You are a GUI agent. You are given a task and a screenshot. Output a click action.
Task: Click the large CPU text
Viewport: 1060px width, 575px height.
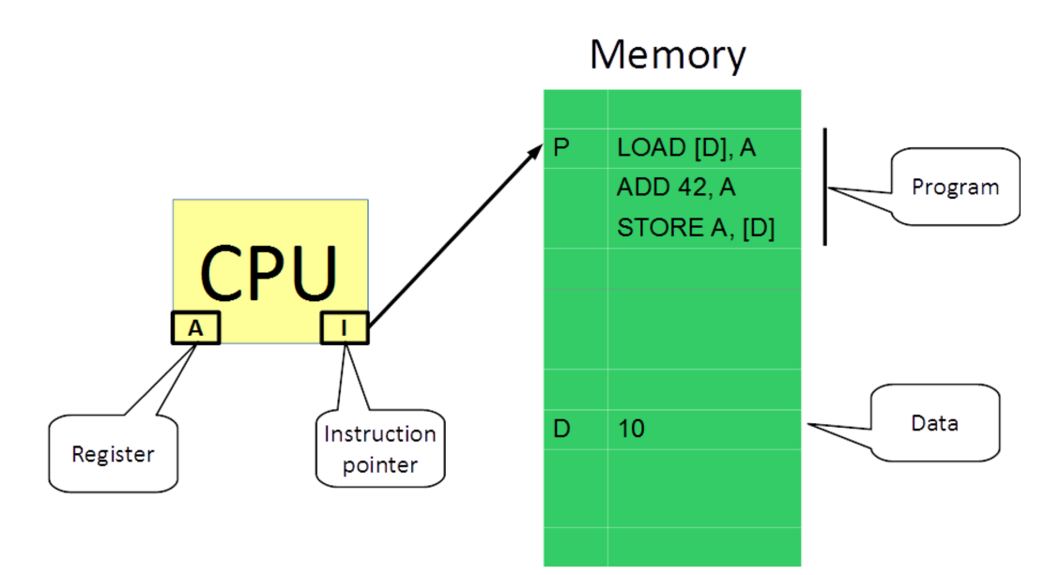coord(269,273)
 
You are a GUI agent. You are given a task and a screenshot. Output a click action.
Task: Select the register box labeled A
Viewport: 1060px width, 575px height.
coord(195,328)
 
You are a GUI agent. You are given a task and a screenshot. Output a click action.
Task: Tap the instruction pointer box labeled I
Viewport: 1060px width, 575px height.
coord(345,328)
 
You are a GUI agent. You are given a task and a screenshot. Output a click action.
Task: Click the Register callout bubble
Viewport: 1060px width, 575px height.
coord(113,454)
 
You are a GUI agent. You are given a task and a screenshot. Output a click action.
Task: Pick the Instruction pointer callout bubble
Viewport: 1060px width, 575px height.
coord(379,448)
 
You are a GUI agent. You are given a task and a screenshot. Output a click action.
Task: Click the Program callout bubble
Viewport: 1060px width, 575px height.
coord(955,187)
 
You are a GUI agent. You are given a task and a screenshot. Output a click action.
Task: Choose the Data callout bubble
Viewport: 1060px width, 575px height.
coord(934,423)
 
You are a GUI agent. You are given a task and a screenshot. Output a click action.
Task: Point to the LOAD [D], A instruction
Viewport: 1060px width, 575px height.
coord(686,148)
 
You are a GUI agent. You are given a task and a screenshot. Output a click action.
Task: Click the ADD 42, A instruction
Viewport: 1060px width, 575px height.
coord(676,189)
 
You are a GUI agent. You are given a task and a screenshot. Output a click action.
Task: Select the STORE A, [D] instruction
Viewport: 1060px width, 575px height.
coord(696,229)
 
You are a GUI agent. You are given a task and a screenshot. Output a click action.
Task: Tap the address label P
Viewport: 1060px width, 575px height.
coord(561,148)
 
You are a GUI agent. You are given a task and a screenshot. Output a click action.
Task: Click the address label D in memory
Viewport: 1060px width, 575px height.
coord(561,431)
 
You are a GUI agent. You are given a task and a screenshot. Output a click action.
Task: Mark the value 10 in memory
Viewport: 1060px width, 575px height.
coord(631,431)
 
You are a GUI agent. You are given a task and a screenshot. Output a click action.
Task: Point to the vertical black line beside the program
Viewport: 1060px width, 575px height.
coord(825,187)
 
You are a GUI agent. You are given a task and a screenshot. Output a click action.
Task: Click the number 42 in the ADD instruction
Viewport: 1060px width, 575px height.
coord(687,189)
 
